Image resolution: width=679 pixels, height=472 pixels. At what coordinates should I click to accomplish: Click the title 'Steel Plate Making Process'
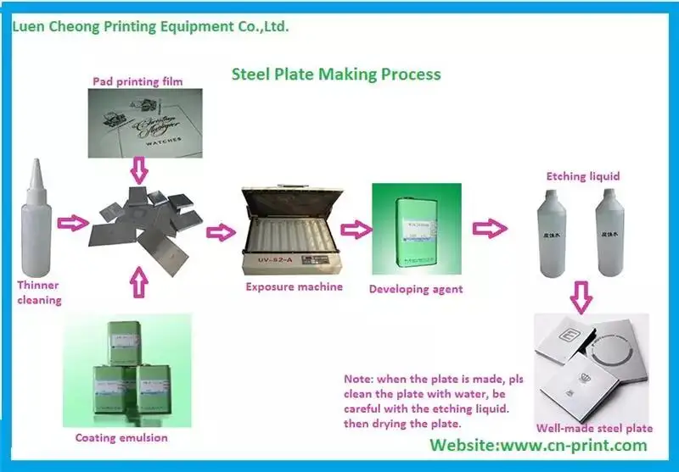pos(336,74)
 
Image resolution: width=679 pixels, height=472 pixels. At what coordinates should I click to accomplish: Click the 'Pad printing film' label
pos(137,81)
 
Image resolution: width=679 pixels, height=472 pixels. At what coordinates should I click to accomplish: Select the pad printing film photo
pos(149,124)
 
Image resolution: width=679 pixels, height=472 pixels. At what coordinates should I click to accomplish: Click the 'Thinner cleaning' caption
pos(39,293)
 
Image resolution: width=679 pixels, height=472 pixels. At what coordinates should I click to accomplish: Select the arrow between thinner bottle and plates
pos(71,223)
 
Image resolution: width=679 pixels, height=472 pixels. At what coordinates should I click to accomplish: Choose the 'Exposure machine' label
pos(294,287)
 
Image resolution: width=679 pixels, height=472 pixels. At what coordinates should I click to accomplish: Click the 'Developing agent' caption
pos(416,290)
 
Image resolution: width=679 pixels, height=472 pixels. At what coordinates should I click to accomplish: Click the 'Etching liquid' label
pos(582,176)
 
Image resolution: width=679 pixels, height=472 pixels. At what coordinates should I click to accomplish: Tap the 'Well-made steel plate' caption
pos(594,428)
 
